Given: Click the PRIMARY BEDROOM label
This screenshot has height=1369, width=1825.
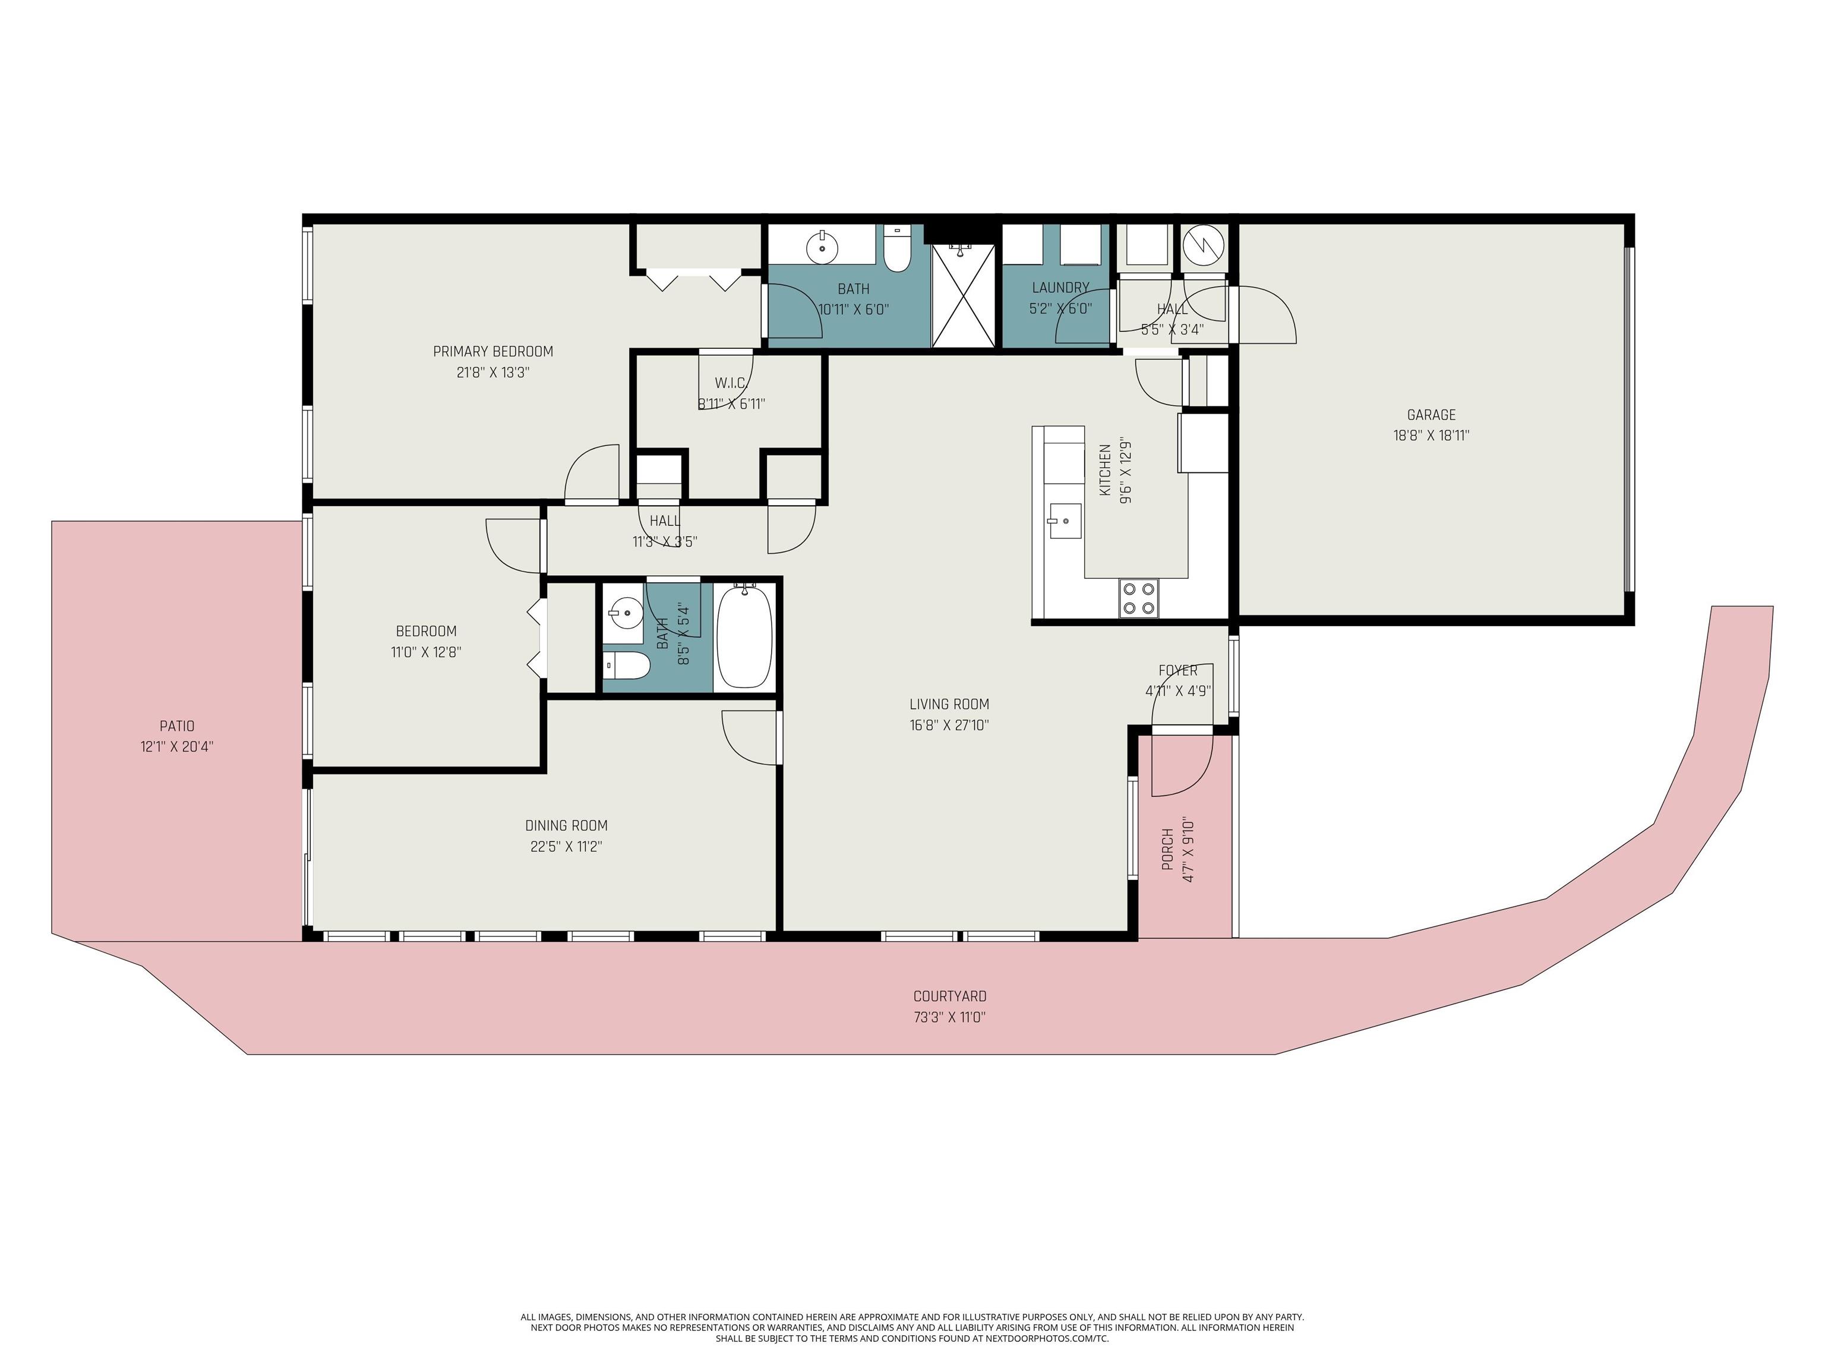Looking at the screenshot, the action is [492, 352].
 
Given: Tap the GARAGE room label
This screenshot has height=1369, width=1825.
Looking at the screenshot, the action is [1432, 415].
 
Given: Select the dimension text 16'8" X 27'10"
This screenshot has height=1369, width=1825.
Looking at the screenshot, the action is [949, 725].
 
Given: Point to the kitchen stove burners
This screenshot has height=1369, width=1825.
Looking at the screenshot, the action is [1139, 598].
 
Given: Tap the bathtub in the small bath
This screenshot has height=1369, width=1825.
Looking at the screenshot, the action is [744, 636].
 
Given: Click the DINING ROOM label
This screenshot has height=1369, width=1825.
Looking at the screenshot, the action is [566, 825].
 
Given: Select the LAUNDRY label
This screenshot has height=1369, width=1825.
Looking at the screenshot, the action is [1060, 288].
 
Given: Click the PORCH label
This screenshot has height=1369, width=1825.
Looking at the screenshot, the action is [1167, 850].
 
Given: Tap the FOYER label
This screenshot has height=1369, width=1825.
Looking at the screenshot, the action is [1177, 671].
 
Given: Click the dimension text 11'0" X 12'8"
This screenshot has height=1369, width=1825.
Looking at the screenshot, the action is [426, 652].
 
